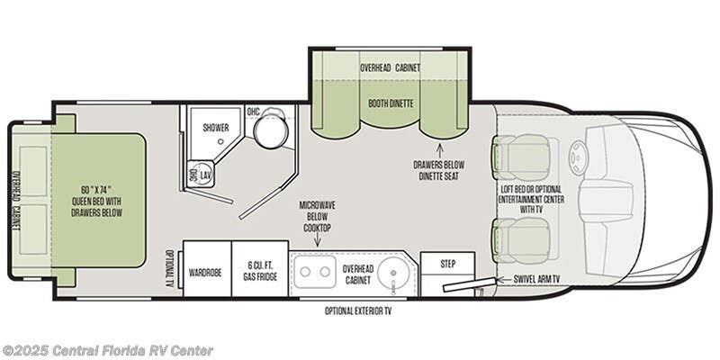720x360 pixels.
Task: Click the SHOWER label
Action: coord(216,128)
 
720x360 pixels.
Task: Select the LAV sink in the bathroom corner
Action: coord(201,174)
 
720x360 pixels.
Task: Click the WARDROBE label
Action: coord(205,273)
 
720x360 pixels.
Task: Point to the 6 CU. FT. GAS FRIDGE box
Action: coord(260,268)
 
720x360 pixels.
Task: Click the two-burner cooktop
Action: coord(315,271)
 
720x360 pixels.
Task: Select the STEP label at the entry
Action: coord(447,264)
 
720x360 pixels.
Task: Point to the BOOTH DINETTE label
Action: coord(391,103)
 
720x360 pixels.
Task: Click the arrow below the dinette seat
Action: coord(439,150)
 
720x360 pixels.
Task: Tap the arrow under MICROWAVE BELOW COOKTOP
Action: coord(318,241)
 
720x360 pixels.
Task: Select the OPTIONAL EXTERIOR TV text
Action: coord(358,310)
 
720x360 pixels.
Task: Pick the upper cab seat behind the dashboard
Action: coord(522,157)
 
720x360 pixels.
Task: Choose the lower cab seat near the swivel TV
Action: coord(522,241)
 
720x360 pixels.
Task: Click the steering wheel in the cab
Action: coord(577,157)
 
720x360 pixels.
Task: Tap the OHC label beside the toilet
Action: coord(254,112)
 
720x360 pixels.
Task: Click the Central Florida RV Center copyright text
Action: coord(108,351)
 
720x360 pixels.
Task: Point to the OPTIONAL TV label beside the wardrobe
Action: coord(169,268)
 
